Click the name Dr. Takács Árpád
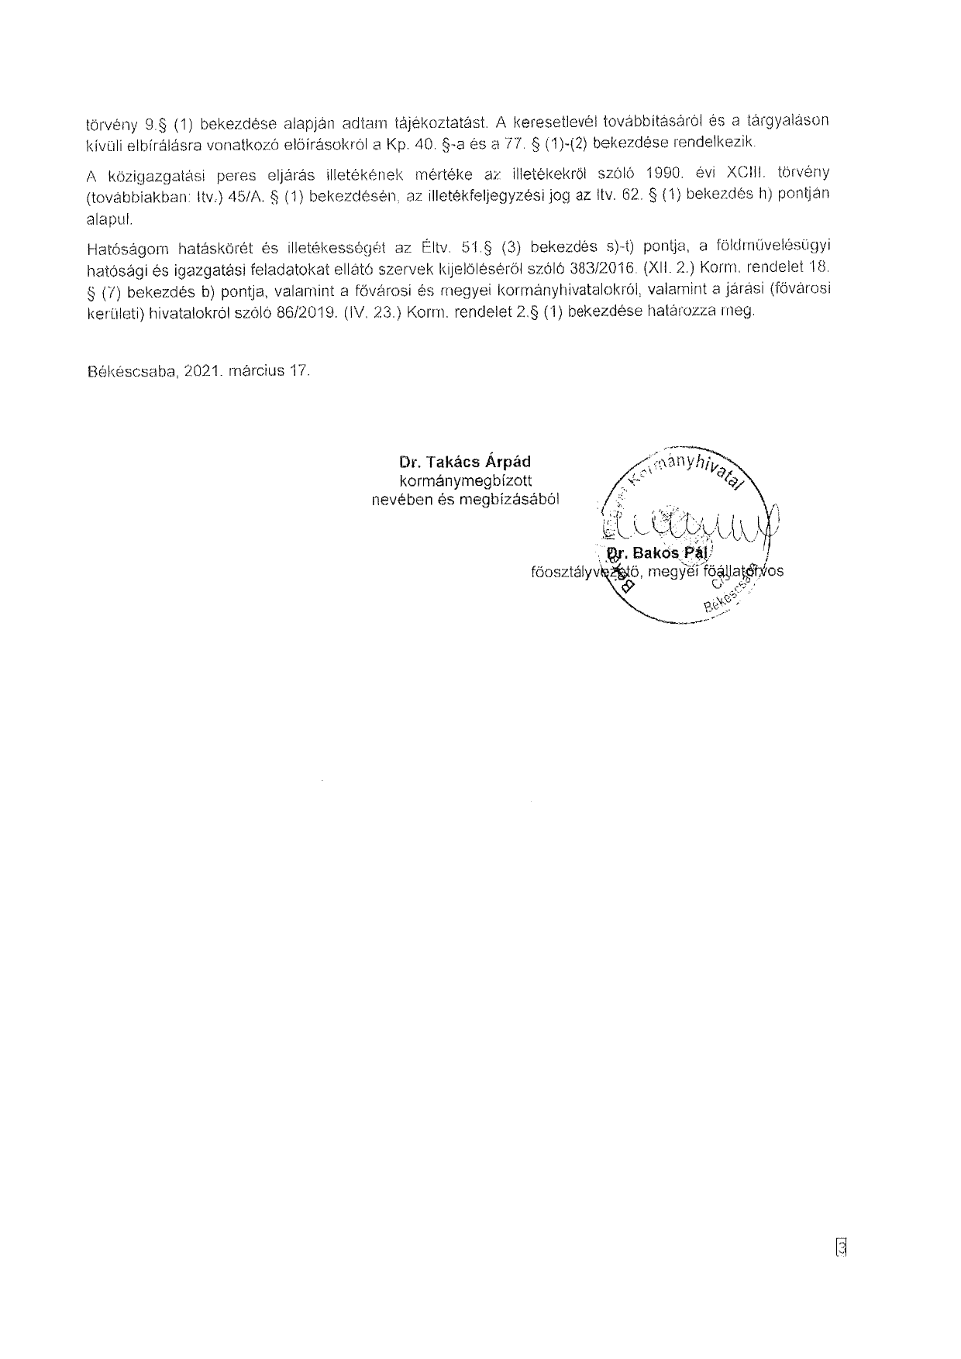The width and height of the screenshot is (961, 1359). tap(465, 463)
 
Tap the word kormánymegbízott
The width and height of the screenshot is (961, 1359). tap(465, 481)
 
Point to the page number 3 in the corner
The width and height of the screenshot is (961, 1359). tap(841, 1248)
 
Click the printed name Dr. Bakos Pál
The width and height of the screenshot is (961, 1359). tap(660, 553)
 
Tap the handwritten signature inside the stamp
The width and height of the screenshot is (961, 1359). tap(690, 528)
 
